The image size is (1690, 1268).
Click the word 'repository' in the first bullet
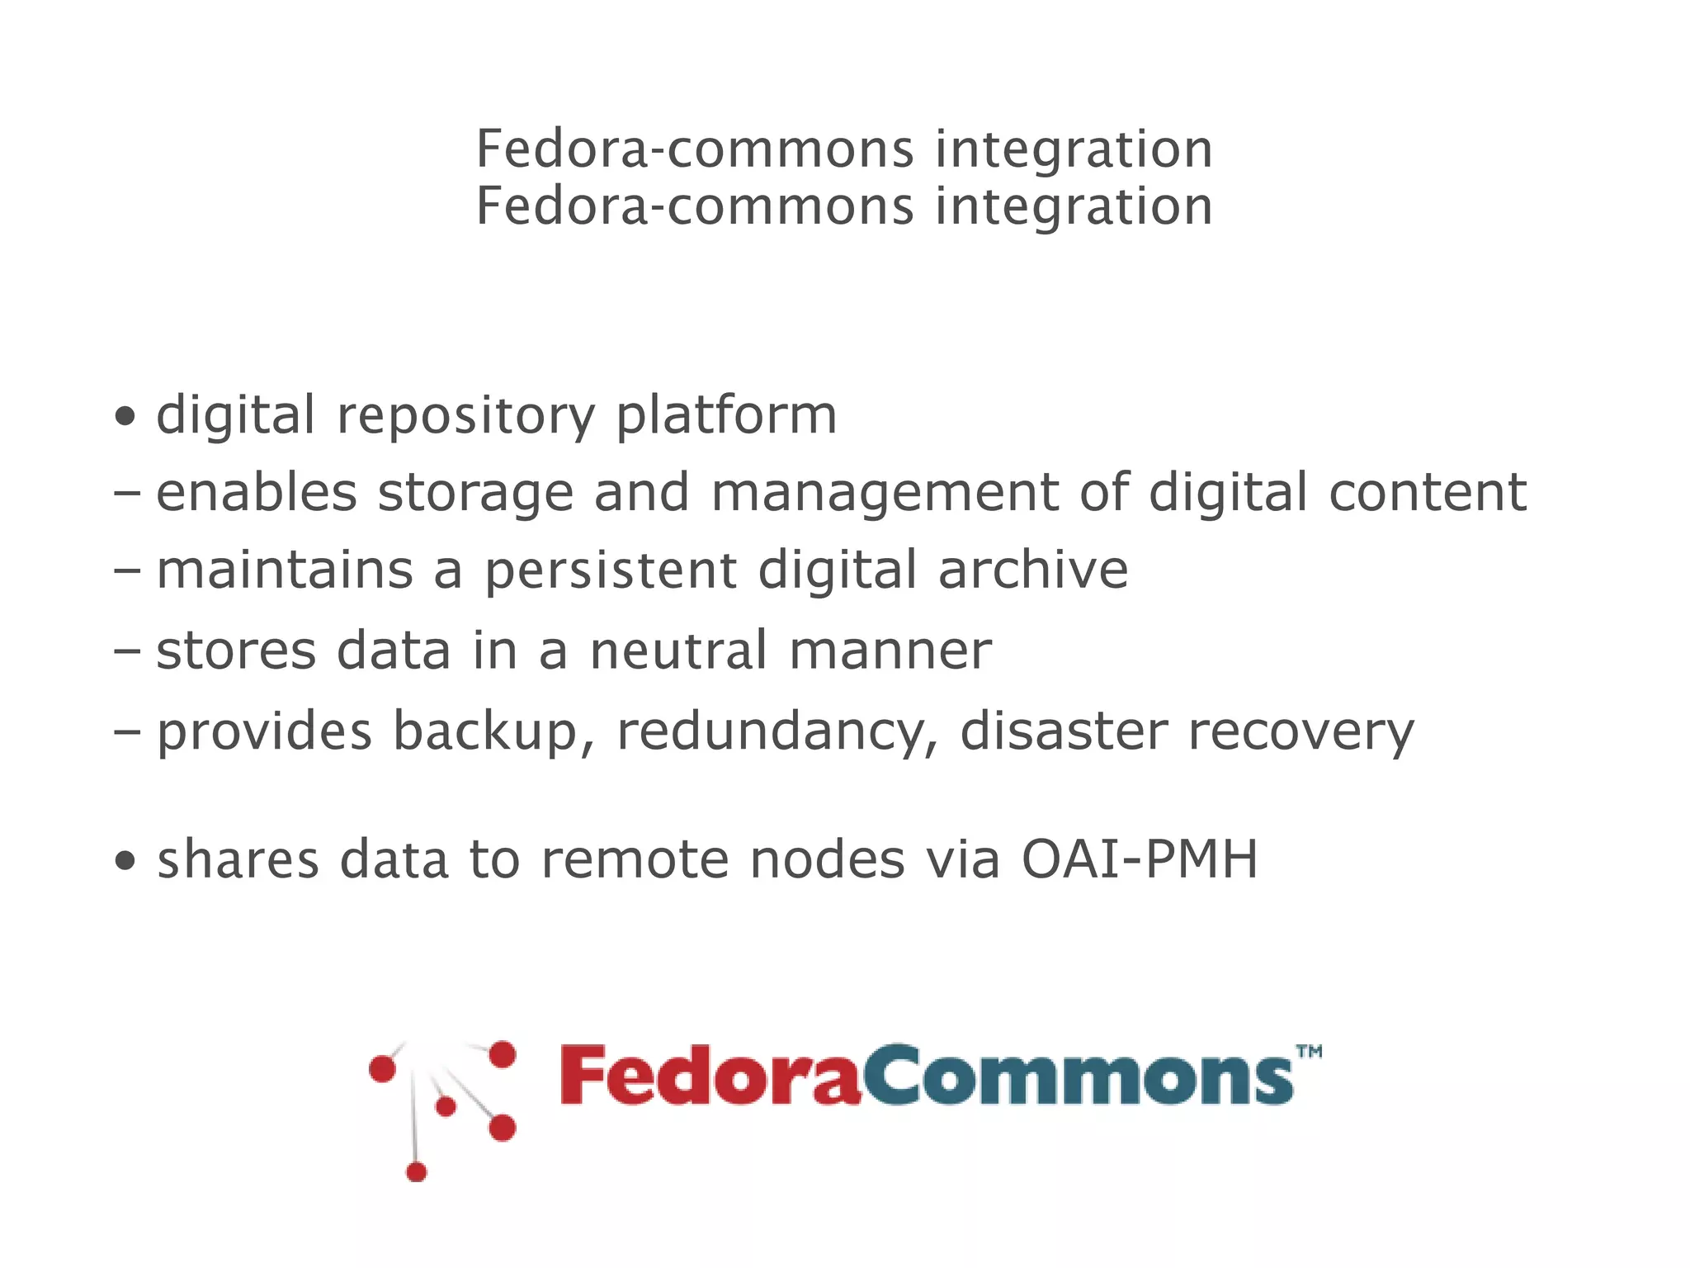pos(465,416)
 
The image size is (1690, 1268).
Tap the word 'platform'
pos(726,416)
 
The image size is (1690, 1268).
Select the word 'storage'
pos(475,494)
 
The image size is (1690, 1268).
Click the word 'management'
pos(885,494)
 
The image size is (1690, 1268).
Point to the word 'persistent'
pos(611,571)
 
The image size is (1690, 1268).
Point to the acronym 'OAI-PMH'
pos(1140,860)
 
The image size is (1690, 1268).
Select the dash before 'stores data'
pos(127,651)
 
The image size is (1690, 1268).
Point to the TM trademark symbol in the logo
pos(1309,1052)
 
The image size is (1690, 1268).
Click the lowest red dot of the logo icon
pos(417,1171)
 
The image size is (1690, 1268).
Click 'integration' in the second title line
pos(1074,206)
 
